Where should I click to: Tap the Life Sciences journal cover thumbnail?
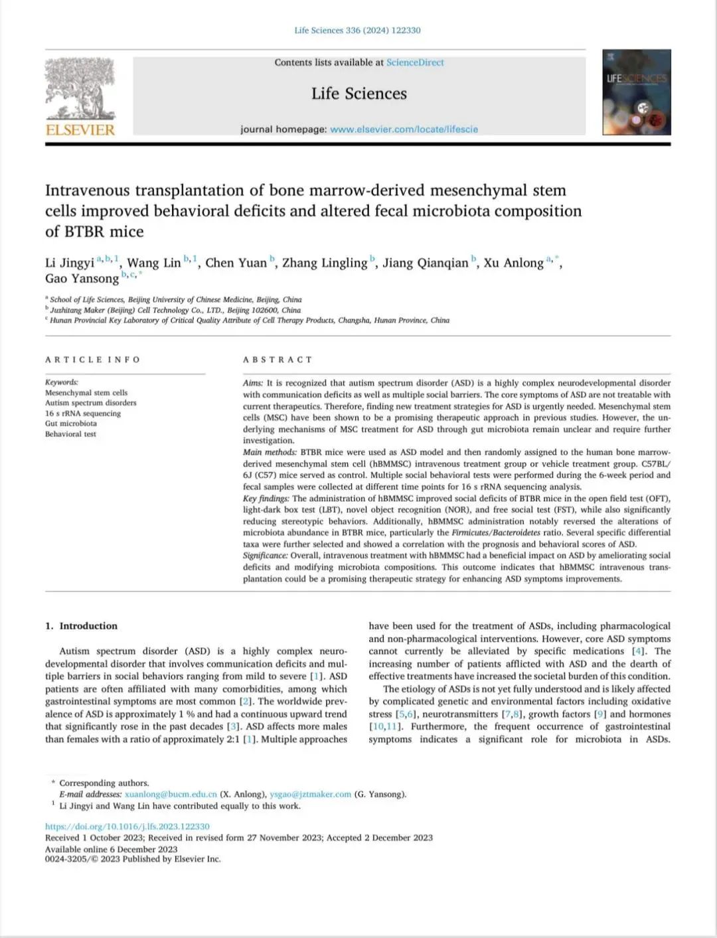(637, 92)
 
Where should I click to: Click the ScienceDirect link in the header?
(415, 62)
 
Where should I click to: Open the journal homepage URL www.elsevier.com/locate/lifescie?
(404, 129)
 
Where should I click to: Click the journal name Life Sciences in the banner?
(359, 94)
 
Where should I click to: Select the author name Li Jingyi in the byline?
(70, 263)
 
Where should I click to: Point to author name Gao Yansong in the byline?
(82, 279)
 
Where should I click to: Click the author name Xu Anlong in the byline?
(513, 263)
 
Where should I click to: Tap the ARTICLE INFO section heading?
(93, 360)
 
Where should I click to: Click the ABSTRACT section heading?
(278, 360)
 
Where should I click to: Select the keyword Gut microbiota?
(71, 424)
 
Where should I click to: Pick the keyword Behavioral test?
(70, 434)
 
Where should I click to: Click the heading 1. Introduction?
(81, 626)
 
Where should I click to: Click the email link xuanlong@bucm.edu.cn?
(171, 795)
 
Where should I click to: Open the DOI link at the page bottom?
(127, 826)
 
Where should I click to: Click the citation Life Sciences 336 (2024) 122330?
(357, 31)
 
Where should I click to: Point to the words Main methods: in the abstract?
(270, 452)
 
